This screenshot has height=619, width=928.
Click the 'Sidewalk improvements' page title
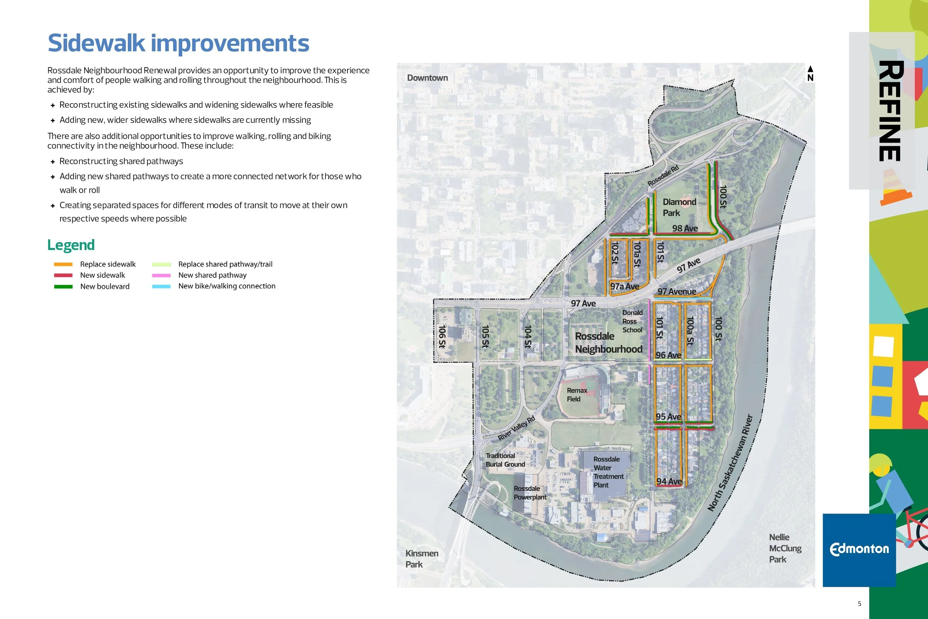[178, 43]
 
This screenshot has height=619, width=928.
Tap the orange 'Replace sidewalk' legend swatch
[63, 264]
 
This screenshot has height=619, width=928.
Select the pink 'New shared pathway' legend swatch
[161, 276]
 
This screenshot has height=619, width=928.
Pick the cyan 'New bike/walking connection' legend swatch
[161, 287]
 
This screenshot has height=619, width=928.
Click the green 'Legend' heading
[71, 245]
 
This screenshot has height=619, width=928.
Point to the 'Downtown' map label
[427, 78]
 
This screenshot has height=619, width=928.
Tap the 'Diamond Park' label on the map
[679, 207]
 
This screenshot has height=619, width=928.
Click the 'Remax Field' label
[577, 395]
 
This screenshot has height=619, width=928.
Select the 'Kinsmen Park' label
[421, 558]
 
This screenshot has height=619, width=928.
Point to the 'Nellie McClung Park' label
[785, 548]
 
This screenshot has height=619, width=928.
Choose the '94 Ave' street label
[669, 481]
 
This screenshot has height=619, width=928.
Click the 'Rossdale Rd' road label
[663, 176]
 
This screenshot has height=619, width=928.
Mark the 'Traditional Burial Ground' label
[505, 460]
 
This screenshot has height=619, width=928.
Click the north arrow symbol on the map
[810, 73]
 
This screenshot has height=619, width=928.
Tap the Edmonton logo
[859, 550]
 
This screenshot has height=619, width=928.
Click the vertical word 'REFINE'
[890, 111]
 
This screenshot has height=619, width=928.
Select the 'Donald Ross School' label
[632, 321]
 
